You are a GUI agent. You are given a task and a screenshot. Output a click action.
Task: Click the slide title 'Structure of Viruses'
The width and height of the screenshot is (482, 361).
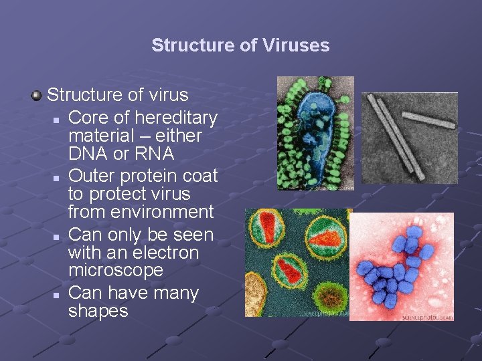(x=240, y=45)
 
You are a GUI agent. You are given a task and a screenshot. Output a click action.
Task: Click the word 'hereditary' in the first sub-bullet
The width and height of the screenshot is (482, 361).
(x=175, y=118)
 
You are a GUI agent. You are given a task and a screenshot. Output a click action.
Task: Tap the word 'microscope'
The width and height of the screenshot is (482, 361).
(x=116, y=271)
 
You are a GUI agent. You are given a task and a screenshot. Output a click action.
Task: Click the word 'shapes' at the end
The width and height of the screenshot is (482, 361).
(x=98, y=311)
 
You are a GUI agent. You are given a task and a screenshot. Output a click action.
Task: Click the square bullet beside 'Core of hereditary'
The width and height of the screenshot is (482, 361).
(x=59, y=120)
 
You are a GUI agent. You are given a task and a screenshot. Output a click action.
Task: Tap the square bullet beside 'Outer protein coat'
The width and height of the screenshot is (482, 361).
(x=59, y=178)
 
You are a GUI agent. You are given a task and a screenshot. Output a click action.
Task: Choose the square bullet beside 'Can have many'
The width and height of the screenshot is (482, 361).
(x=59, y=295)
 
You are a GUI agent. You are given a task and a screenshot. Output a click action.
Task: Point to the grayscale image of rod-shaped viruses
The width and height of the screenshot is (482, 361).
(x=409, y=137)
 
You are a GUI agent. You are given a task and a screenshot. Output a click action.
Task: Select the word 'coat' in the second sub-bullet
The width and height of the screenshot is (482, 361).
(x=202, y=176)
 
